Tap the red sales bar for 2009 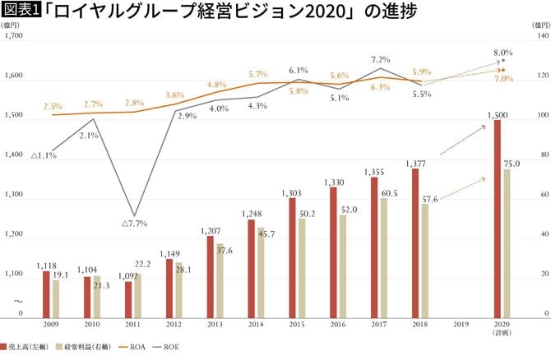(x=47, y=294)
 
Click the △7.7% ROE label (x=134, y=223)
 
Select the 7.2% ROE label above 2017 (x=380, y=59)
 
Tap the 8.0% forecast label (x=503, y=53)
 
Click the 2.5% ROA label (x=53, y=106)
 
